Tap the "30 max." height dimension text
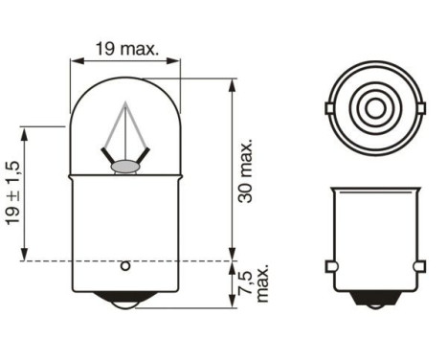(248, 170)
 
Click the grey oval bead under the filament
(124, 168)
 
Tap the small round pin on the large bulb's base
(126, 266)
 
